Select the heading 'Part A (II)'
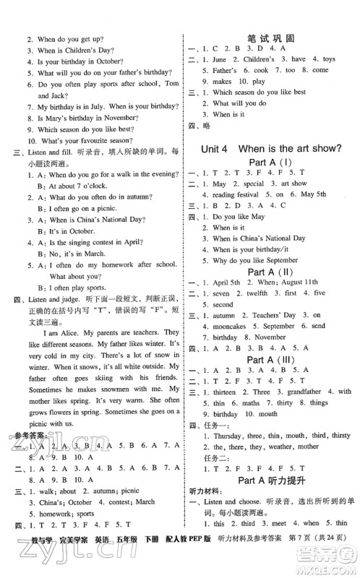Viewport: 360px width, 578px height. (x=271, y=271)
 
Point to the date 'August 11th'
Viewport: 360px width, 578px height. (x=304, y=282)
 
